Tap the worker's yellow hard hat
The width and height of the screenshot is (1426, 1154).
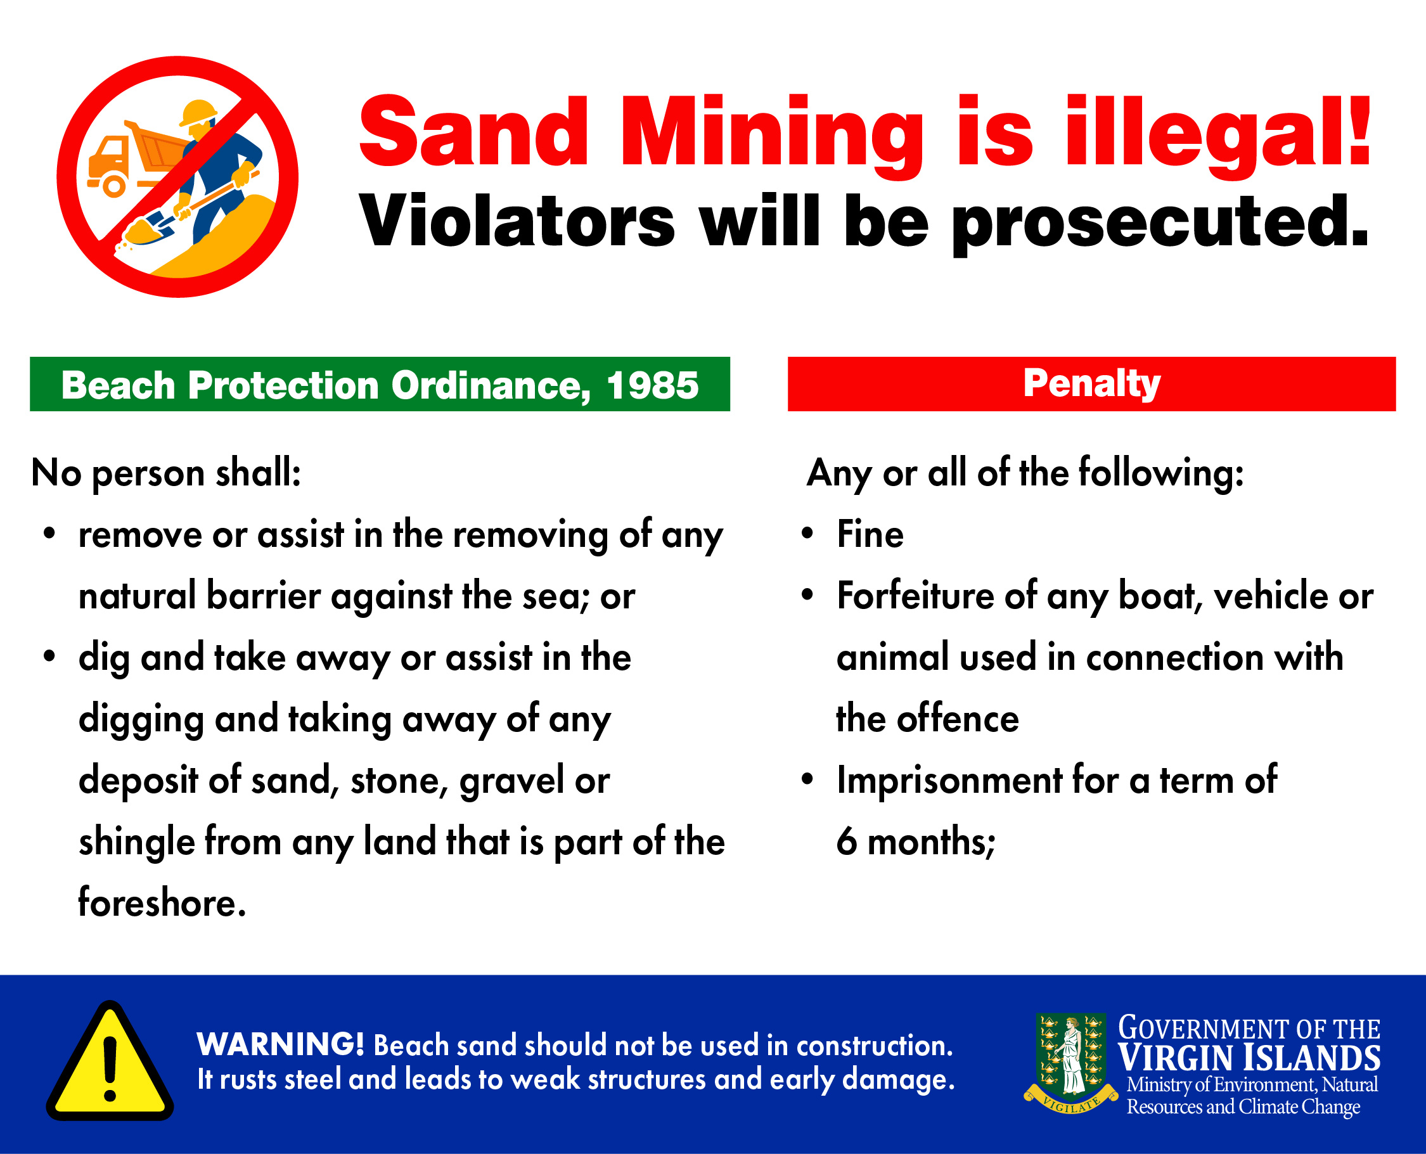(x=199, y=112)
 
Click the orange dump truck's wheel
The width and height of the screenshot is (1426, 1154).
(x=114, y=186)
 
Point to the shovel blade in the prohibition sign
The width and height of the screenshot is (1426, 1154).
(x=150, y=229)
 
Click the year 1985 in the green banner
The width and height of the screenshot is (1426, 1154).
(x=652, y=385)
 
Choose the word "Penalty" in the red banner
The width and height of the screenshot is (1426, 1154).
(x=1091, y=383)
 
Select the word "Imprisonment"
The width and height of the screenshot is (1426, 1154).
(x=949, y=781)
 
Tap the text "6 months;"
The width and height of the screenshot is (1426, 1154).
(x=916, y=842)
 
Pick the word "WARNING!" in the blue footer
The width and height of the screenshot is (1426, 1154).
(x=281, y=1044)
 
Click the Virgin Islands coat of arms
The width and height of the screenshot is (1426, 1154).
(x=1071, y=1063)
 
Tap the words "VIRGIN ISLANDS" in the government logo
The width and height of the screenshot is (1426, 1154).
(x=1249, y=1058)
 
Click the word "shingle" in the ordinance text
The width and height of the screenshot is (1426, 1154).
(x=137, y=843)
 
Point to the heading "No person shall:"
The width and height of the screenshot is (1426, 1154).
(x=166, y=474)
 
